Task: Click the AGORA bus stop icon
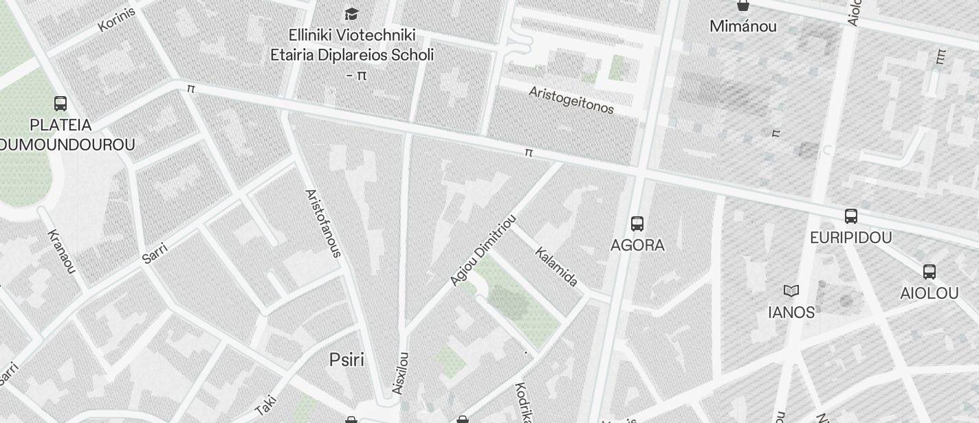click(637, 223)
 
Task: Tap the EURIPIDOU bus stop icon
click(850, 216)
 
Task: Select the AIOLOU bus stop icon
click(929, 272)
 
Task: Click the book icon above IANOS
click(791, 290)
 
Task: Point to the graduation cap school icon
click(351, 14)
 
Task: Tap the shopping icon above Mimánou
click(742, 5)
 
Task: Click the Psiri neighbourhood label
click(346, 360)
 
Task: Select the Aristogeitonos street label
click(571, 100)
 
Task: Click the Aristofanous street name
click(322, 223)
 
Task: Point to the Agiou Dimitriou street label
click(483, 250)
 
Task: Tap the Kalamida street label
click(556, 266)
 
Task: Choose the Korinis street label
click(116, 19)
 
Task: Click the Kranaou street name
click(61, 251)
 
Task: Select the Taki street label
click(265, 404)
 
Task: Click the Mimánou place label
click(743, 27)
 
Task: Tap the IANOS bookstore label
click(791, 312)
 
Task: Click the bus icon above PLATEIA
click(60, 104)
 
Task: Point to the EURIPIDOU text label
click(850, 238)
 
